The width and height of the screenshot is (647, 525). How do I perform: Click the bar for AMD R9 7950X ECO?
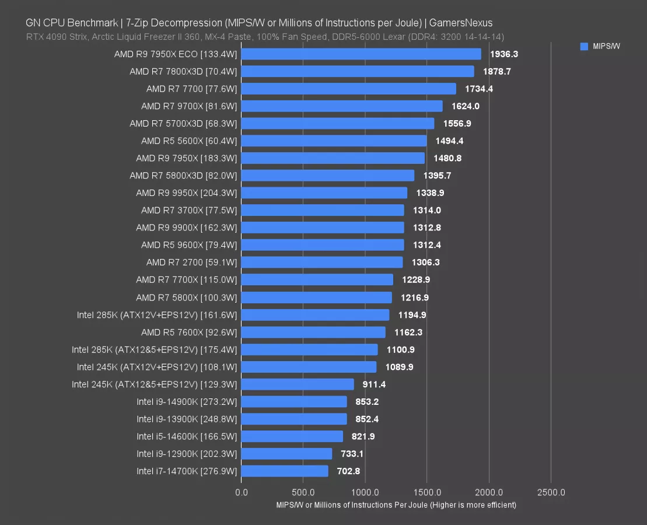pos(361,54)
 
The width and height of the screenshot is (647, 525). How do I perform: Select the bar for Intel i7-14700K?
pos(285,471)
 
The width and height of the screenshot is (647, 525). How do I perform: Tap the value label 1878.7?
pos(497,71)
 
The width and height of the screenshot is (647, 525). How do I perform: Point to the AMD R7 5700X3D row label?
pos(183,124)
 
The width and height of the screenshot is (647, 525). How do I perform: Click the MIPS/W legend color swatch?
pos(584,47)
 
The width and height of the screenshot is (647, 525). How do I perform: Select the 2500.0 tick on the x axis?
pos(551,492)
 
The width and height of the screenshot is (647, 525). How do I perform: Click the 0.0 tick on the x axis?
pos(241,492)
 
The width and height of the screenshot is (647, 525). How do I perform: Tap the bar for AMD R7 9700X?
pos(341,106)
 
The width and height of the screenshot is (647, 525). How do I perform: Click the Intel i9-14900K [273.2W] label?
pos(187,402)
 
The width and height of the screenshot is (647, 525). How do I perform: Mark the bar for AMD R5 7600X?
pos(313,332)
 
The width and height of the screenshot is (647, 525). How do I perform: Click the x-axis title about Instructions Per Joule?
pos(396,505)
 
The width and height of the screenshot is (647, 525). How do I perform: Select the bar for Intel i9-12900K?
pos(286,454)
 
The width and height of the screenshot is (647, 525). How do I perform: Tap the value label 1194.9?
pos(412,315)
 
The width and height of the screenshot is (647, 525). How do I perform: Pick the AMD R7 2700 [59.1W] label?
pos(191,262)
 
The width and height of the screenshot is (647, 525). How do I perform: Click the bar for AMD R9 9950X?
pos(324,193)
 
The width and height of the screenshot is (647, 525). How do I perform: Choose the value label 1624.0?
pos(466,106)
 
